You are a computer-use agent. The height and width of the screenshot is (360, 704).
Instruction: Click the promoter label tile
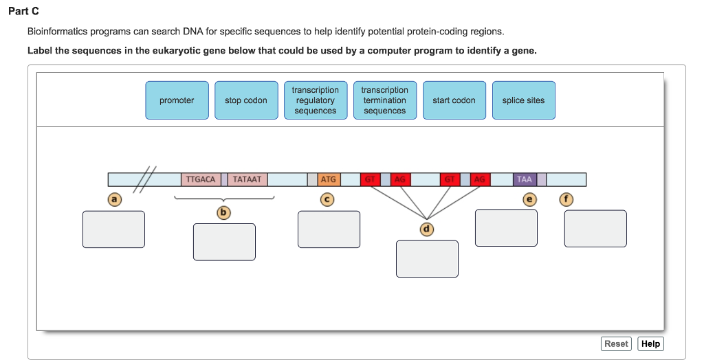[177, 100]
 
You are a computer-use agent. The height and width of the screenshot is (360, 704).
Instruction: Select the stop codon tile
[246, 100]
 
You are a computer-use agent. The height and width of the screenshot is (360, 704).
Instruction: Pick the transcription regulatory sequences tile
[316, 100]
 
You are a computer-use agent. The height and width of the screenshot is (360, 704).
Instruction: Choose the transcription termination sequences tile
[385, 100]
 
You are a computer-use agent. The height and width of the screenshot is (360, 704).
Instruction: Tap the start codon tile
[454, 100]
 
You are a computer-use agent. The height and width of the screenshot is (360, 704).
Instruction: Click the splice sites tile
[523, 100]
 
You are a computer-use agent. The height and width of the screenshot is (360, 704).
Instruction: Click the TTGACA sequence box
[200, 179]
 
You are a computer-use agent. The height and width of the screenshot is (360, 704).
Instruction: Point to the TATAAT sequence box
[247, 179]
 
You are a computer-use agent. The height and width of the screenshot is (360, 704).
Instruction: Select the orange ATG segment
[329, 179]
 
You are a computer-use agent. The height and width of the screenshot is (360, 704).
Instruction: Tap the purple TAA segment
[525, 179]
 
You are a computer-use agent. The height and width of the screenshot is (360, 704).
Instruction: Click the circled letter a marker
[115, 199]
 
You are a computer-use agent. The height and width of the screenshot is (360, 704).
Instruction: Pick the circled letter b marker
[223, 212]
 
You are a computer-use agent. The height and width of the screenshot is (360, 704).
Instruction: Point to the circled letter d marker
[427, 228]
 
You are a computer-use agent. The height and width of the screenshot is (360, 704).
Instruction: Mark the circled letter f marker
[566, 199]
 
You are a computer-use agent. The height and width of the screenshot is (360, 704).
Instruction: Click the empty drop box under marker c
[329, 229]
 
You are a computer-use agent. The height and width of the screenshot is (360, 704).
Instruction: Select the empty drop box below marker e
[506, 227]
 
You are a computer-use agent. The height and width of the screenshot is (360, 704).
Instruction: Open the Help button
[650, 344]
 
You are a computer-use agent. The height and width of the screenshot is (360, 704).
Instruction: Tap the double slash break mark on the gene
[145, 180]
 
